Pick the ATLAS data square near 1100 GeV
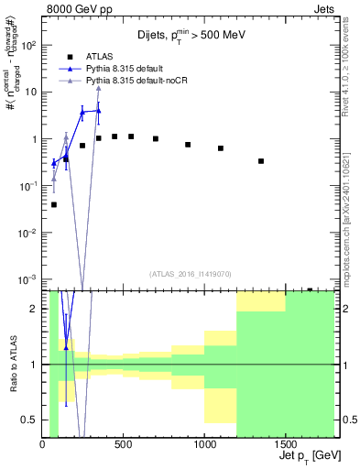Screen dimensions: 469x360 coord(221,148)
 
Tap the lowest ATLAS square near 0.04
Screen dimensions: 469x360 coord(54,204)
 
